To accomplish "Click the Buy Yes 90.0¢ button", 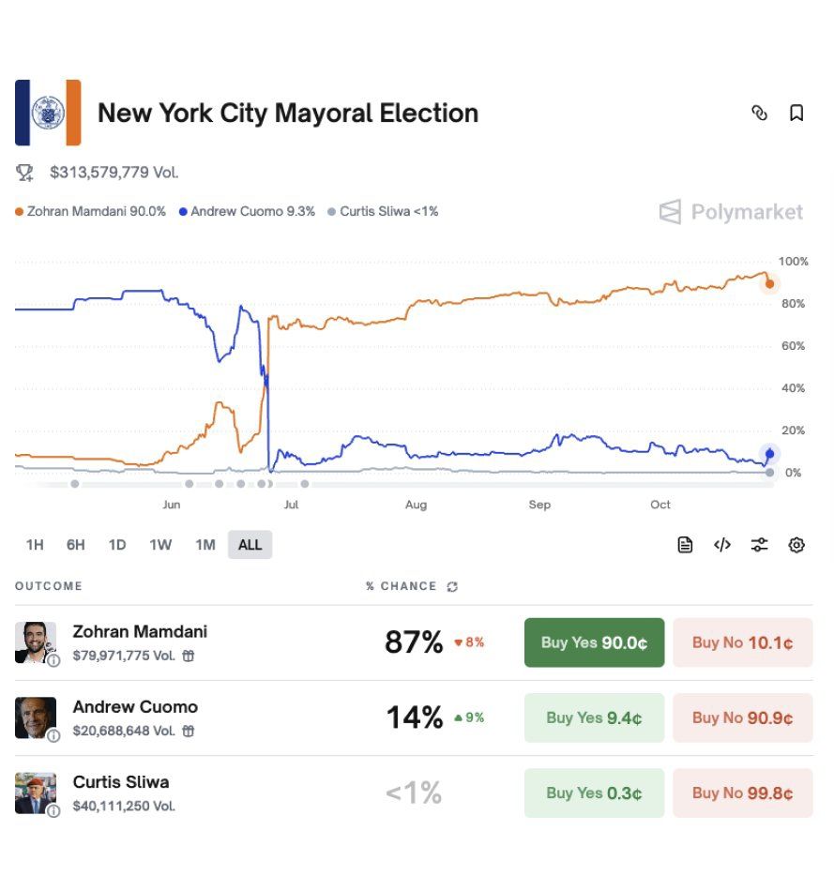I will coord(594,642).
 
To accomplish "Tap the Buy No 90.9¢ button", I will coord(742,717).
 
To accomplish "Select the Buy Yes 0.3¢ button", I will coord(594,793).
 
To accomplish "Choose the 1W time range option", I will coord(160,544).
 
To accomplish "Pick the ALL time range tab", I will coord(250,544).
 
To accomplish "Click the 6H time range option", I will coord(76,544).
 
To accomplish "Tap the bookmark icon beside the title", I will coord(796,113).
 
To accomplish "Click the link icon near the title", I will coord(760,113).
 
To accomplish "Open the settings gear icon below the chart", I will coord(796,545).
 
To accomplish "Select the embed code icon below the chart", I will coord(722,545).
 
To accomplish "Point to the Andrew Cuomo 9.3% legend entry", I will coord(247,211).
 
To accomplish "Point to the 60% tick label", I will coord(794,346).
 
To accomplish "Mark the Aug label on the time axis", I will coord(416,505).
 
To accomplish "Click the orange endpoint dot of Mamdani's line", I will coord(770,283).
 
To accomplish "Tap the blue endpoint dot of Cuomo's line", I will coord(770,454).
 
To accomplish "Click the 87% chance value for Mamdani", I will coord(414,642).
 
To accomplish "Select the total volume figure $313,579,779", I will coord(114,172).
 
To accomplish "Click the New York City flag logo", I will coord(48,113).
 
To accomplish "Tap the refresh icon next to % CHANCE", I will coord(453,586).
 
